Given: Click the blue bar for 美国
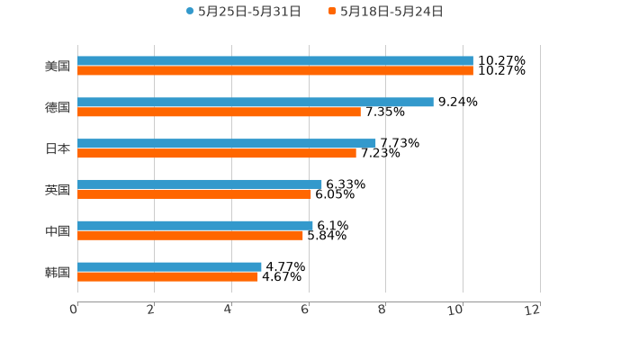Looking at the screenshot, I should point(274,61).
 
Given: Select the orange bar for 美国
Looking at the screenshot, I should point(274,71).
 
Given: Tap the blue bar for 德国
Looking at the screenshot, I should point(255,103).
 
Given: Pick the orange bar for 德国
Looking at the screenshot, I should point(219,112).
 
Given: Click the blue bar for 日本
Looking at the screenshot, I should point(226,143).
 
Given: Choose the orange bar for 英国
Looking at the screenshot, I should point(193,194).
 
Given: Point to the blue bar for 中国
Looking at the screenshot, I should point(194,226).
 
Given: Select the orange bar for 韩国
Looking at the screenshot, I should point(167,276).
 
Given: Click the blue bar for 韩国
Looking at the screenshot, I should point(169,266).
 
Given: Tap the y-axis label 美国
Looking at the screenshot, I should point(58,67).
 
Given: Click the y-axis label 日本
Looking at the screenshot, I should point(58,148).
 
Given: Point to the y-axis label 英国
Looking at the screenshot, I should point(58,190).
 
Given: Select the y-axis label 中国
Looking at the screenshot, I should point(58,231).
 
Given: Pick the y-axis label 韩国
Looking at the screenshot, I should point(58,272).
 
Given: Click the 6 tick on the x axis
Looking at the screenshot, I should point(306,310).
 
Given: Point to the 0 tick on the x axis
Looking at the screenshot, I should point(74,310).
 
